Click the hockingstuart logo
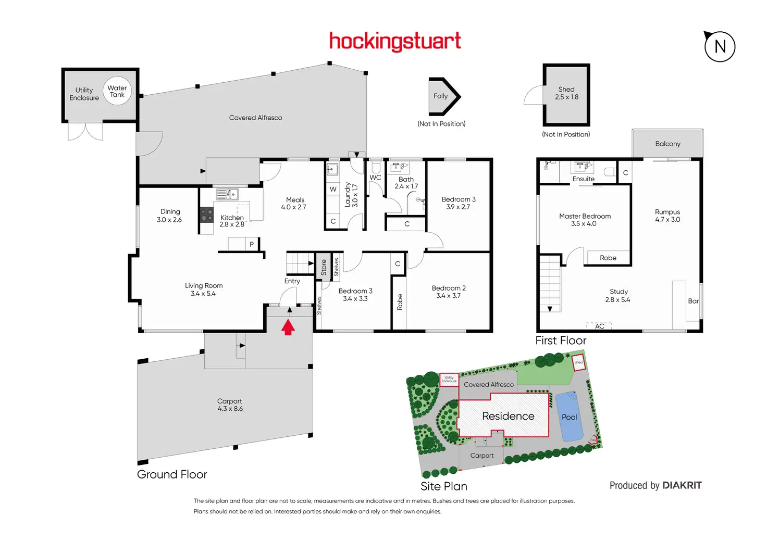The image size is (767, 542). point(395,41)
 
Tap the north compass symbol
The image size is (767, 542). point(720,46)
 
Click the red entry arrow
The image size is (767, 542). point(288,327)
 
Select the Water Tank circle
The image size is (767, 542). point(117,91)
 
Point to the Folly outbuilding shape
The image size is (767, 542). point(443,96)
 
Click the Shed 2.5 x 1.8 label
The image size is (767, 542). point(566,93)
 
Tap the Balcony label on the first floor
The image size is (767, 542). point(667,144)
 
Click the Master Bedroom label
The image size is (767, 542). point(585,220)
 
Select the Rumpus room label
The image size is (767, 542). point(667,216)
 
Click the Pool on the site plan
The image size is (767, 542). point(569,417)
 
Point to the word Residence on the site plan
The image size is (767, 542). point(508,416)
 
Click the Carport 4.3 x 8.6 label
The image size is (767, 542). point(230,405)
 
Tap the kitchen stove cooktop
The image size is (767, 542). point(207,215)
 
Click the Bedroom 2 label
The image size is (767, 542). point(449,292)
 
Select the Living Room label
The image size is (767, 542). point(204,289)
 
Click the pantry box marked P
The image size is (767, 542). point(252,244)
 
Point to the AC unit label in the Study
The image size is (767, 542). point(600,326)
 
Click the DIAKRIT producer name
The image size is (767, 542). point(682,485)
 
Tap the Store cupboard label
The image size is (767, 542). point(324,267)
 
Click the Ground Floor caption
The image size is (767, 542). point(172,474)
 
